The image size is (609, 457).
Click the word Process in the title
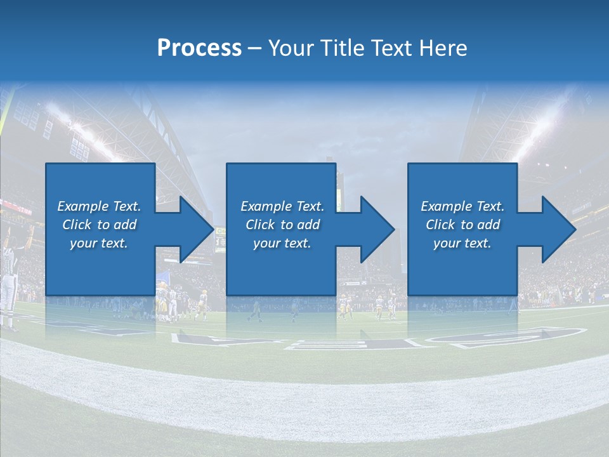199,48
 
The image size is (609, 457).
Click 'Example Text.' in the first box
99,206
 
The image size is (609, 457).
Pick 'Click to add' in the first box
99,225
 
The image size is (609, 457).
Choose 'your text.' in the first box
99,243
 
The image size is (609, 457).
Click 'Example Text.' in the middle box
282,206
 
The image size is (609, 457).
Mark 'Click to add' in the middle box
282,225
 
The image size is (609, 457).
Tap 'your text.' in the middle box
282,243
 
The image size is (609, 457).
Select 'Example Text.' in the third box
462,206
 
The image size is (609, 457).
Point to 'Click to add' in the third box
462,225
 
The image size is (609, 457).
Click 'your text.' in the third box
462,243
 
